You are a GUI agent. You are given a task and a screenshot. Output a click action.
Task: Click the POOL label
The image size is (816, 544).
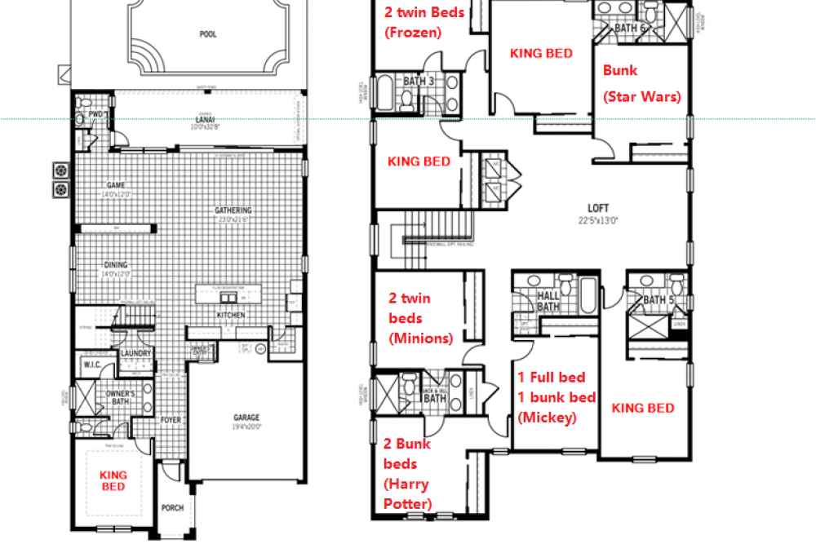click(x=207, y=35)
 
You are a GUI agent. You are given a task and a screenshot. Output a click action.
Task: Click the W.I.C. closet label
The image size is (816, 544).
click(x=91, y=365)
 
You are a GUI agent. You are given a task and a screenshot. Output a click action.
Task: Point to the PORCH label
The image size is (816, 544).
click(x=172, y=508)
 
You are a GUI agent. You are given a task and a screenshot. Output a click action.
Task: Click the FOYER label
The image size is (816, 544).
click(x=170, y=420)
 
